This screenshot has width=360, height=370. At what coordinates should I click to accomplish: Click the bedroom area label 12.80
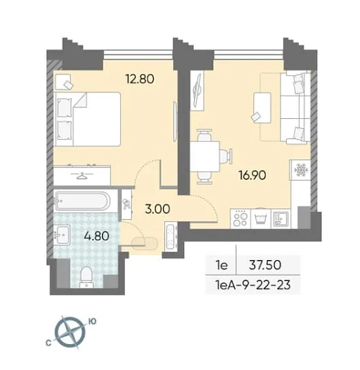(140, 79)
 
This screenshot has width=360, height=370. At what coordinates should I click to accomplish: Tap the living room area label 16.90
(253, 175)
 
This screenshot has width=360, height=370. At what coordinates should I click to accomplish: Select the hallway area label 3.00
(158, 209)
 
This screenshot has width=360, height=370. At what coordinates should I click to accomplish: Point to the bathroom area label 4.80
(96, 236)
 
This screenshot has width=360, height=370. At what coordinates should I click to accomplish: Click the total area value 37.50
(265, 265)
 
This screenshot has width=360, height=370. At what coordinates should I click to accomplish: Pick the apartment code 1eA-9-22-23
(253, 285)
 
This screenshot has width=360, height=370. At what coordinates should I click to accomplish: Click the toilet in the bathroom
(87, 277)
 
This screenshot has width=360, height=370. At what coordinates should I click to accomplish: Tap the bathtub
(82, 201)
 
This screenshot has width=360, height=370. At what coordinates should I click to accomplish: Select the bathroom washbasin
(62, 234)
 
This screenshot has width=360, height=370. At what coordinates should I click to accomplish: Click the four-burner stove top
(240, 219)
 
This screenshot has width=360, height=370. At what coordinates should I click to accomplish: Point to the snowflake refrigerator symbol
(300, 170)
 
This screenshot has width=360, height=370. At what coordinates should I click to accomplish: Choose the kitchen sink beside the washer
(281, 219)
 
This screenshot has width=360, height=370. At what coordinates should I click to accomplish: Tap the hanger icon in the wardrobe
(82, 176)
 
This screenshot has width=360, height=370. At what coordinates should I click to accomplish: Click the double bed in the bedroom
(88, 119)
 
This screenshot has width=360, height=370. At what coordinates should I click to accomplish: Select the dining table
(205, 157)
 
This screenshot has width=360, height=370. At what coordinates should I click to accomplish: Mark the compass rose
(70, 332)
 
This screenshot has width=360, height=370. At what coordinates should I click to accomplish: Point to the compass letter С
(49, 343)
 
